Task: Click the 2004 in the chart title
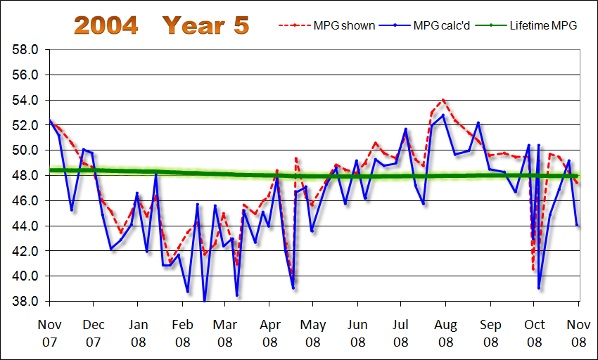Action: (106, 25)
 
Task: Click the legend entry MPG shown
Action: (338, 26)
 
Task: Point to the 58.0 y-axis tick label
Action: (25, 50)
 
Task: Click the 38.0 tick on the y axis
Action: (25, 301)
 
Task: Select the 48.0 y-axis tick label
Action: (25, 176)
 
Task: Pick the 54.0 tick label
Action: (25, 101)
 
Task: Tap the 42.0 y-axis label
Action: (25, 251)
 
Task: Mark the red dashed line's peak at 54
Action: (443, 100)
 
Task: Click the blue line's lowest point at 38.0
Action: (205, 301)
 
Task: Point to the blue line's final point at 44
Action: (578, 226)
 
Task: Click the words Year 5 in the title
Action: (205, 25)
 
